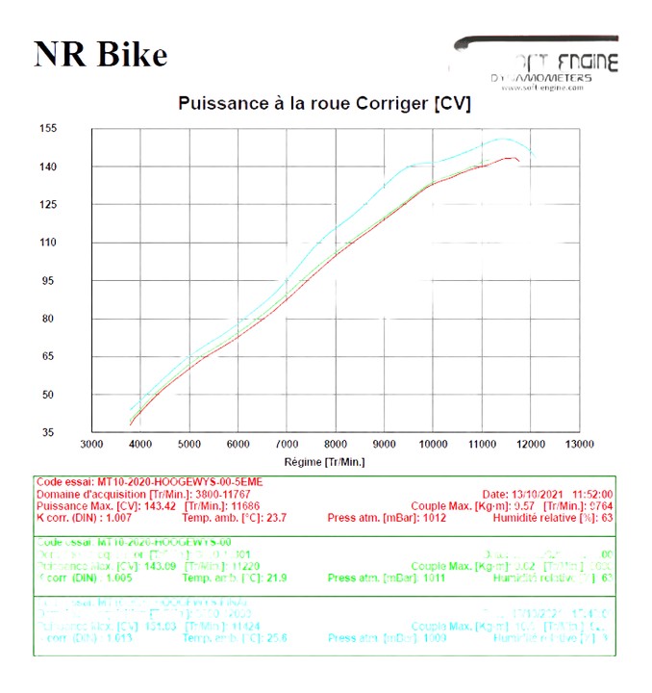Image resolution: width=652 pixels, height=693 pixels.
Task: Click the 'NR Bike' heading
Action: [100, 54]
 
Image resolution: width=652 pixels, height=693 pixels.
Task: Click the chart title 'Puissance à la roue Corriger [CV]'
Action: [324, 103]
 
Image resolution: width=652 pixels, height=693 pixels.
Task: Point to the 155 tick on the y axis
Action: [74, 129]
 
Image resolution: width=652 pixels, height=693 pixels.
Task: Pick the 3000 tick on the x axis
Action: [91, 445]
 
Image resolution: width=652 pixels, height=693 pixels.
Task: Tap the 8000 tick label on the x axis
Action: [336, 445]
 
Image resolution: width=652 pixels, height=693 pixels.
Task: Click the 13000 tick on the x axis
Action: [579, 445]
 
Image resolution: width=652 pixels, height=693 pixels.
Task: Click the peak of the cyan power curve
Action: [500, 139]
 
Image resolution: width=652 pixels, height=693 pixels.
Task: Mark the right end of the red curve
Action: [520, 160]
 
